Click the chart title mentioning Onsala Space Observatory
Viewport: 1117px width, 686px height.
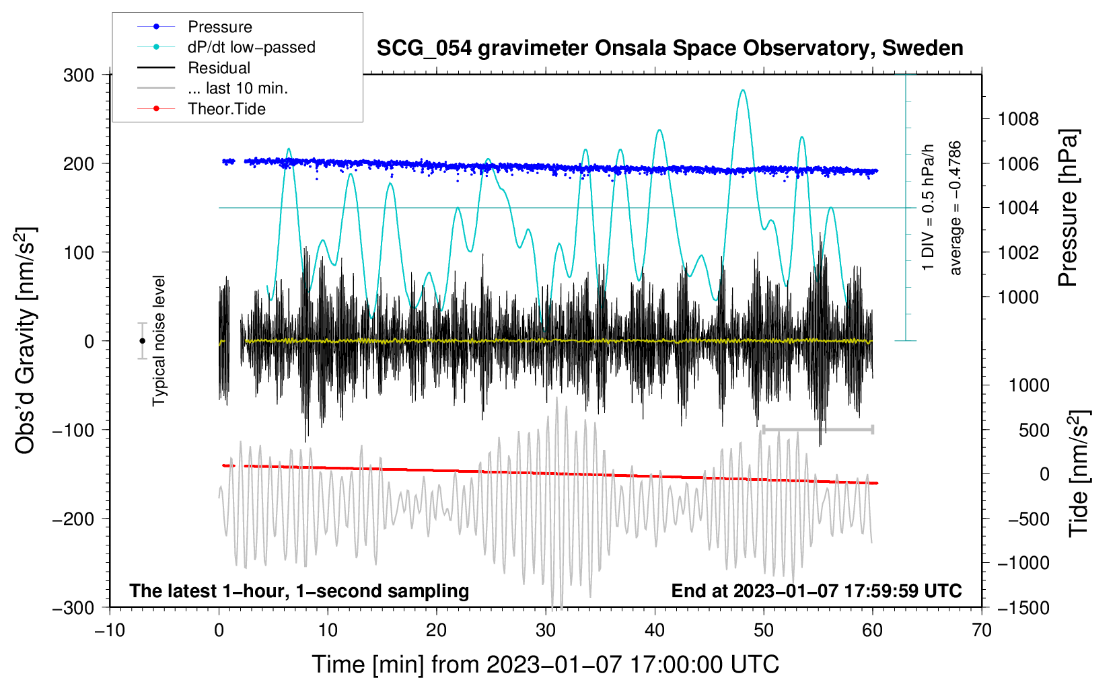(670, 48)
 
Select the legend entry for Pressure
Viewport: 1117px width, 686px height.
(219, 27)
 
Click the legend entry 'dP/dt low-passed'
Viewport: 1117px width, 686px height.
(251, 47)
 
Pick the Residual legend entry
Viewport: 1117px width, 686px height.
(219, 68)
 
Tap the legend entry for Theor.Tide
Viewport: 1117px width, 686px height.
(226, 109)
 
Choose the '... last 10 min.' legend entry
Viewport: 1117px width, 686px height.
(238, 88)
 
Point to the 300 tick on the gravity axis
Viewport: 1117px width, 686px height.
(79, 75)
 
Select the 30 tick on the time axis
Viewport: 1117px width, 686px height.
(546, 630)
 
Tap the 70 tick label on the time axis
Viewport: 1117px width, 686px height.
(982, 630)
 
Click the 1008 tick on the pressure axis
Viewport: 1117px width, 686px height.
(1018, 119)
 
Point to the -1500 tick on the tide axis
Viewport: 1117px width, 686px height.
(1023, 607)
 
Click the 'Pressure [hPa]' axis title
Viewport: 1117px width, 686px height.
(1068, 208)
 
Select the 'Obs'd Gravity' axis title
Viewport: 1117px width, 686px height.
(25, 341)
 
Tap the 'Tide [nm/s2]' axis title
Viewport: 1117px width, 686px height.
(1079, 473)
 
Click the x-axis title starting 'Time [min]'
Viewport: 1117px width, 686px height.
(546, 664)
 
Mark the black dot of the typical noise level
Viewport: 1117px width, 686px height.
(142, 341)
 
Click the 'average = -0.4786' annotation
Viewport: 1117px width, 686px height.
(956, 208)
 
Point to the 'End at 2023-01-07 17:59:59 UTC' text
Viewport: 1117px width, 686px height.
(816, 590)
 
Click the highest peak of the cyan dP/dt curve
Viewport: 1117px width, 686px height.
(742, 90)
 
